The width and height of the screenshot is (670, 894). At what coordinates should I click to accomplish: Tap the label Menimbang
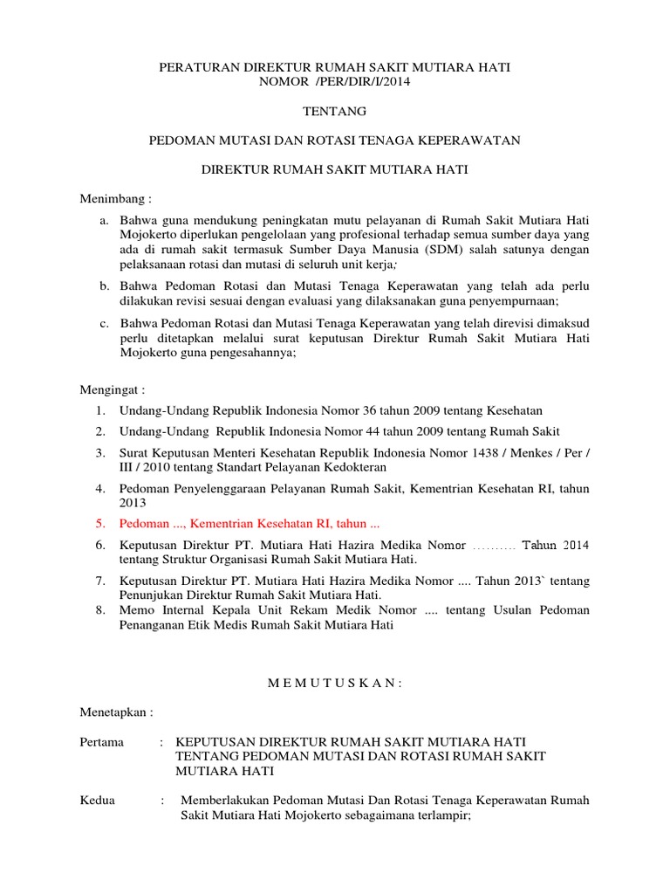pos(117,199)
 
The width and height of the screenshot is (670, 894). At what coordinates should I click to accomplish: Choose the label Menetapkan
pos(118,712)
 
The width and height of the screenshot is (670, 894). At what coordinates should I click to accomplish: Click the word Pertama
pos(103,742)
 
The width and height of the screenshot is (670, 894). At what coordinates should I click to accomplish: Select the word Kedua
pos(98,801)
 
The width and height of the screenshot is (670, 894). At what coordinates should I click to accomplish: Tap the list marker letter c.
pos(103,323)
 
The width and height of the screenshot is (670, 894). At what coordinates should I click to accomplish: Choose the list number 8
pos(100,609)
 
